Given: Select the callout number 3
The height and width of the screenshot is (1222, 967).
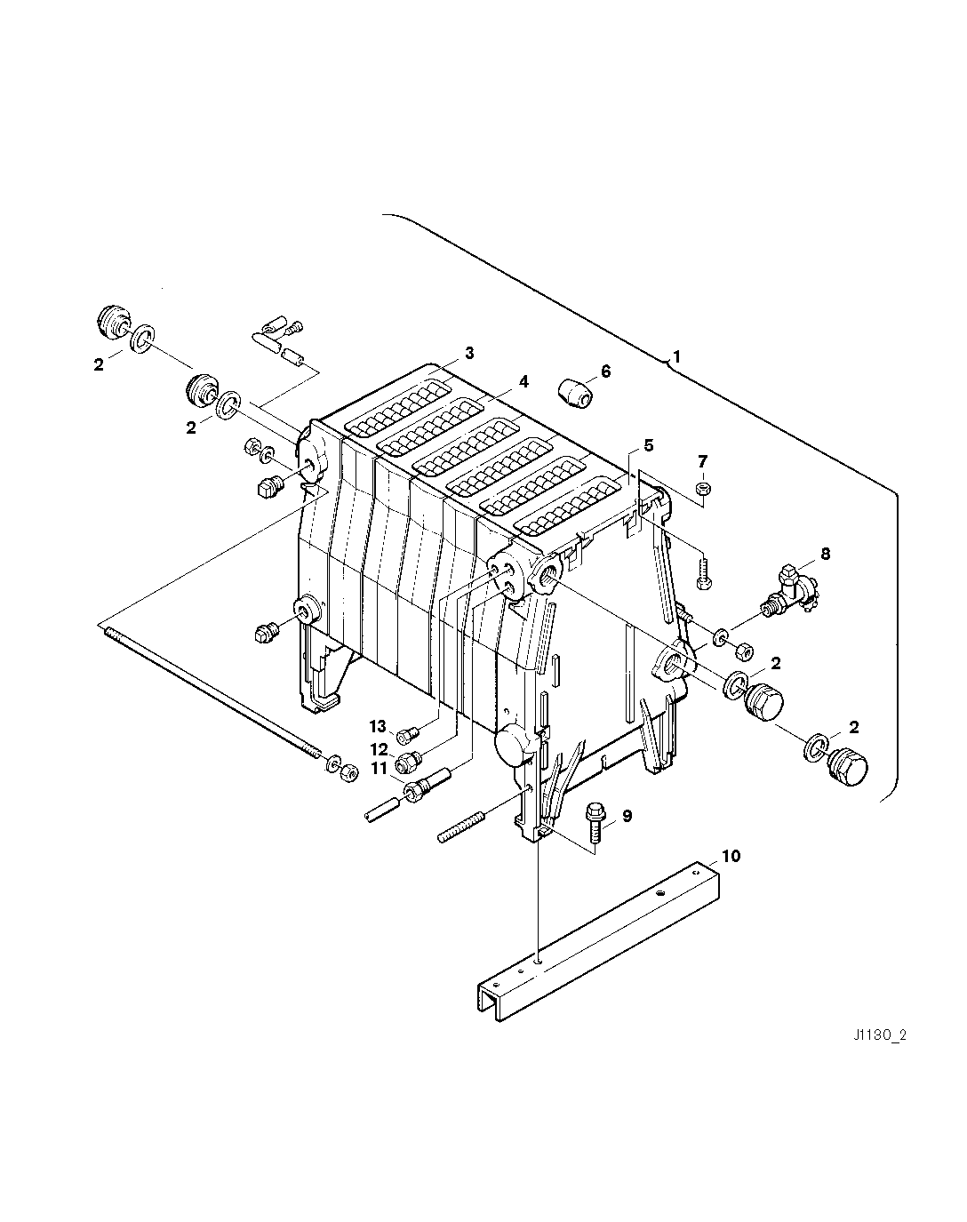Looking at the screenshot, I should point(469,354).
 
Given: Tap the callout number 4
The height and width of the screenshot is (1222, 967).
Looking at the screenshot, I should point(524,381).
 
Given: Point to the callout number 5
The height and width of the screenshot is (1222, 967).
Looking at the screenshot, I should point(648,443).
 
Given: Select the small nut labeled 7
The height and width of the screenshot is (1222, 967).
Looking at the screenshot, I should point(701,488).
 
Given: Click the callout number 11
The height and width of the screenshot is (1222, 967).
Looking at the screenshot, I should point(379,768).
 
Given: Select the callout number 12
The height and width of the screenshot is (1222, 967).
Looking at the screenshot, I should point(380,749).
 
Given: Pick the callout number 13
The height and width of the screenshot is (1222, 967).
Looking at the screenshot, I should point(379,727).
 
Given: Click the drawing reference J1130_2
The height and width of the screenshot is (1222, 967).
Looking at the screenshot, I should point(881,1034).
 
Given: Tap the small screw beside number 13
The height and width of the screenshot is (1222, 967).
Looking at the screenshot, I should point(408,734).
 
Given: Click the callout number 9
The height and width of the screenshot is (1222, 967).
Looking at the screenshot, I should point(627,816).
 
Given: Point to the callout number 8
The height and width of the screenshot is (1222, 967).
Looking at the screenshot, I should point(825,554).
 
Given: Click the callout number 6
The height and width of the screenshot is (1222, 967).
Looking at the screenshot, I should point(606,371).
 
